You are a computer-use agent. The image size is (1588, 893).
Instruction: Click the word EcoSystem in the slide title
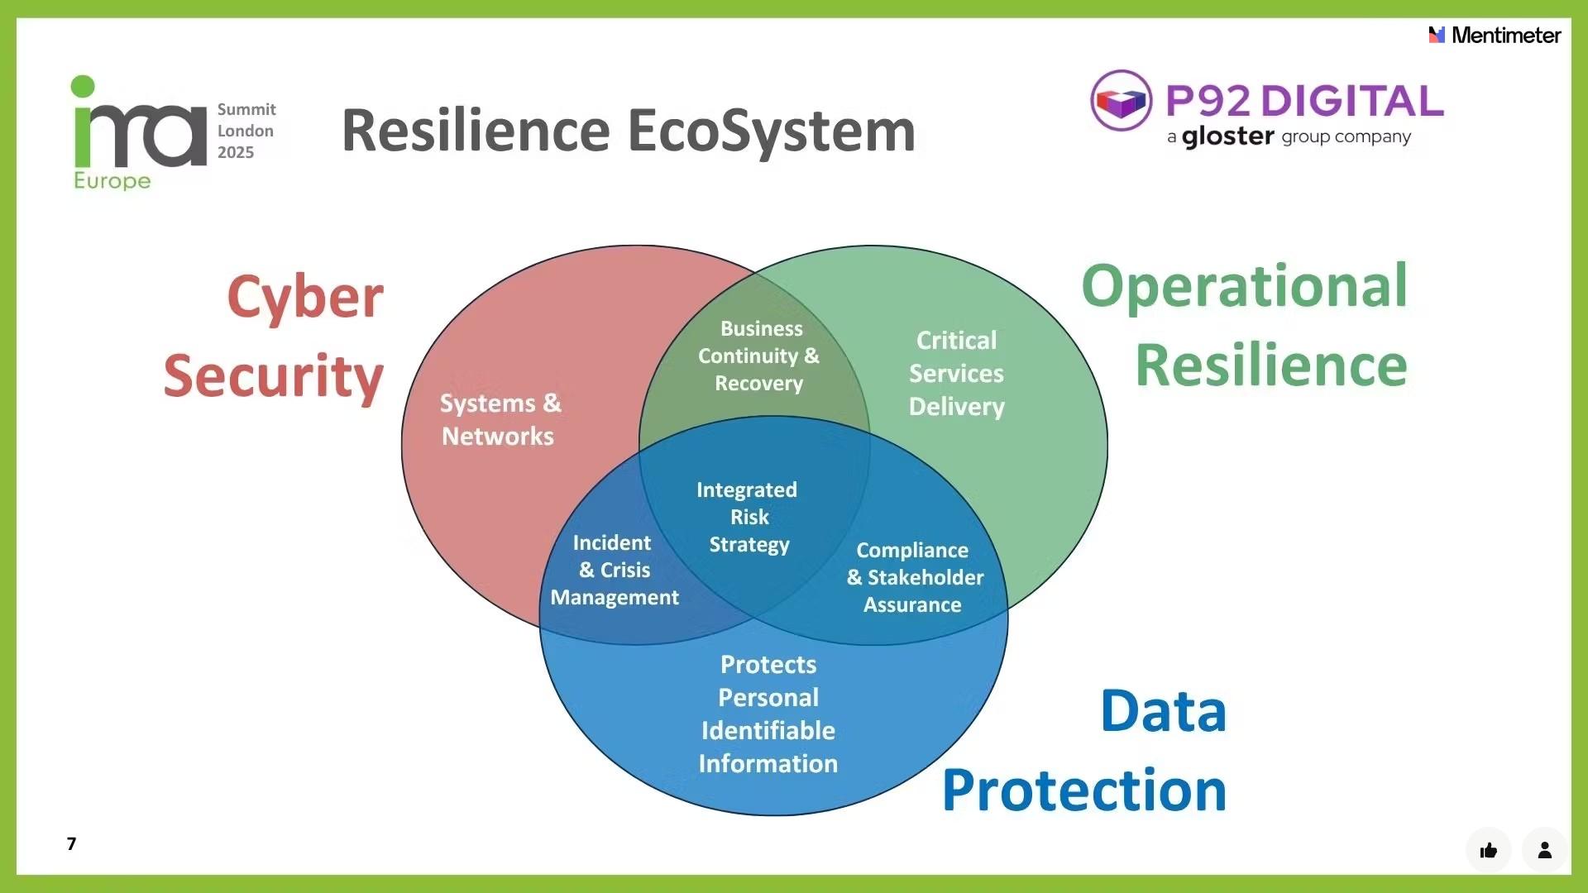(x=771, y=131)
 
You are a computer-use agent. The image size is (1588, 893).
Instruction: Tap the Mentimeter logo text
(x=1505, y=35)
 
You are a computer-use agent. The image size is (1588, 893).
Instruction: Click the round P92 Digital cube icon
(x=1121, y=101)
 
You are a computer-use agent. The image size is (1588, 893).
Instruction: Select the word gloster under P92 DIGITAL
(x=1227, y=136)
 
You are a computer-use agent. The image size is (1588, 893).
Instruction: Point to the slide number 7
(x=72, y=843)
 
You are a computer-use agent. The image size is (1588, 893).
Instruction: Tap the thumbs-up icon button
(x=1489, y=850)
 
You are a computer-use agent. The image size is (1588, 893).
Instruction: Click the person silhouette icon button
(x=1544, y=850)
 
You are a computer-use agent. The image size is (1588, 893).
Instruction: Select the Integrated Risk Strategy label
(x=748, y=517)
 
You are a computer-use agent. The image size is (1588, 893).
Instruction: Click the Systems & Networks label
(x=500, y=420)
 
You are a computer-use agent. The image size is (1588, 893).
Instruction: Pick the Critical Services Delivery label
(x=956, y=374)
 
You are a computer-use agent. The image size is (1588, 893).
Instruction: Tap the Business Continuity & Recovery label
(x=759, y=356)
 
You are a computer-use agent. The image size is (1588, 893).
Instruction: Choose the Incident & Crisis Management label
(x=614, y=570)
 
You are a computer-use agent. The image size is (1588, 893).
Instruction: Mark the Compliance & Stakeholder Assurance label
(x=914, y=577)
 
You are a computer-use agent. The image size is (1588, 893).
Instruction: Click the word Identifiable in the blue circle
(x=768, y=730)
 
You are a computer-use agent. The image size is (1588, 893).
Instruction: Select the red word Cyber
(x=305, y=298)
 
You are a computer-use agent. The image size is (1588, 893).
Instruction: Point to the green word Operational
(x=1244, y=286)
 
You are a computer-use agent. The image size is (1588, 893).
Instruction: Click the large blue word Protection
(x=1083, y=790)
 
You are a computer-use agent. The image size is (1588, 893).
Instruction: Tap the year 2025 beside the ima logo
(x=236, y=152)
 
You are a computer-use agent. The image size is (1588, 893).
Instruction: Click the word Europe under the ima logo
(x=112, y=181)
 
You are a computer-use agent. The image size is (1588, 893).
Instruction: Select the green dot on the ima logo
(x=83, y=86)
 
